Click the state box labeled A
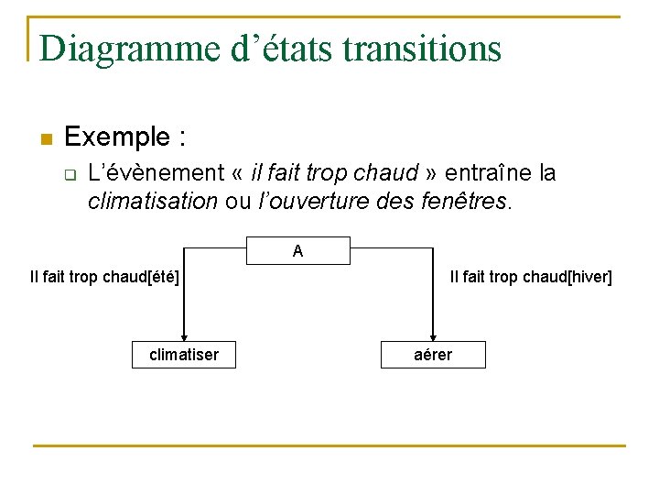tap(298, 250)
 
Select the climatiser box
tap(184, 355)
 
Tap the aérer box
tap(433, 355)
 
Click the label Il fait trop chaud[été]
tap(104, 276)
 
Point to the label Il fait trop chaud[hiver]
tap(531, 276)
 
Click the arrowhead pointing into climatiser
tap(184, 335)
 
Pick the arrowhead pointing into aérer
tap(433, 335)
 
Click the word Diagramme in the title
tap(133, 49)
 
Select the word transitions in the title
tap(422, 49)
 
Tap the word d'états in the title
tap(286, 49)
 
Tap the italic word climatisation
tap(152, 201)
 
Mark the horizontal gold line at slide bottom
tap(329, 446)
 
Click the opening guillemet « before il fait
tap(242, 174)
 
